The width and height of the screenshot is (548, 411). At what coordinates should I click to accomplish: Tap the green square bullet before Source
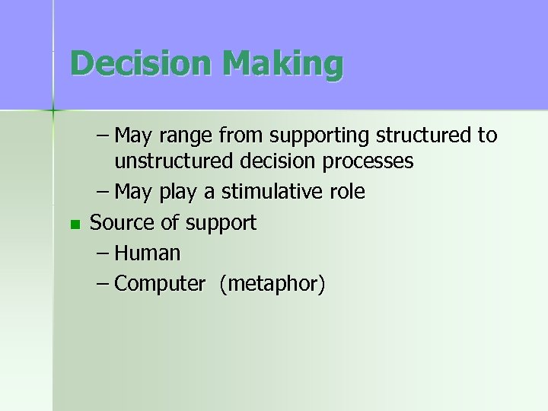click(x=73, y=224)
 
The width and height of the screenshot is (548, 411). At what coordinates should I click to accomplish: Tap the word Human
click(x=148, y=253)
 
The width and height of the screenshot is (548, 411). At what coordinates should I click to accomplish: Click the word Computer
click(x=160, y=284)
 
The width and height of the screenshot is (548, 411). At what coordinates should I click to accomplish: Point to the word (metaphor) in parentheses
click(x=272, y=284)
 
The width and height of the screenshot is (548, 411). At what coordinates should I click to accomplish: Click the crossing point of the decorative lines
click(x=53, y=111)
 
